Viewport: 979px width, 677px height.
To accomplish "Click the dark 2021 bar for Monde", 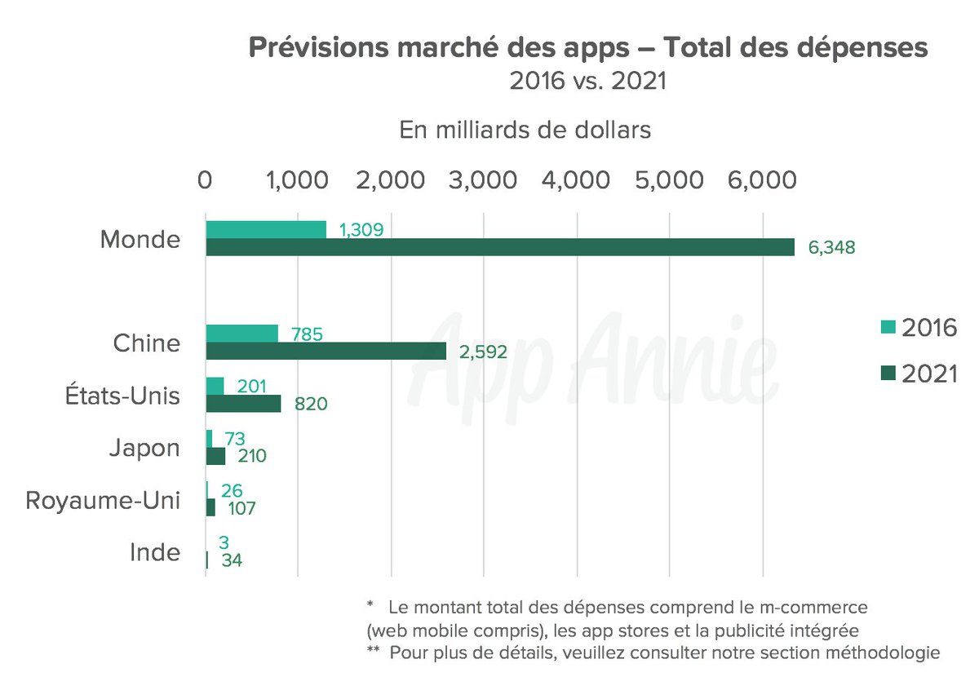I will [x=499, y=247].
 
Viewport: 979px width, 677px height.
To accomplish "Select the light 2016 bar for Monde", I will [x=266, y=229].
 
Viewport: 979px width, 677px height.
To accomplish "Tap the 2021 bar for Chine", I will [x=326, y=351].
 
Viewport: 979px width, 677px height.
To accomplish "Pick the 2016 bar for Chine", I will [x=241, y=333].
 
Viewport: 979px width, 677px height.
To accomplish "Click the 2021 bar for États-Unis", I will [x=243, y=403].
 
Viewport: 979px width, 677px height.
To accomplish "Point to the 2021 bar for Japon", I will [x=215, y=456].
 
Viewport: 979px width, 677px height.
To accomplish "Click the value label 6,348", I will [x=831, y=247].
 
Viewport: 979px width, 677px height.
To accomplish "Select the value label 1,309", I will [x=361, y=229].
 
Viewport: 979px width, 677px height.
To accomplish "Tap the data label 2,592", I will [x=484, y=352].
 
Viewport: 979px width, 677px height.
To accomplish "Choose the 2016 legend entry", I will [x=918, y=328].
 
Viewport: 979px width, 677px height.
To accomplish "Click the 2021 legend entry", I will [x=918, y=374].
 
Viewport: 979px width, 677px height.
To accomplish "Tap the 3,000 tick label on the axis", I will [x=484, y=180].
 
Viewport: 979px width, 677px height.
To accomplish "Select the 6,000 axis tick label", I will [x=762, y=180].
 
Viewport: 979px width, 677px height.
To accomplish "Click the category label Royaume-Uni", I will [x=102, y=500].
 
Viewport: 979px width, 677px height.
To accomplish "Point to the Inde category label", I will [x=155, y=552].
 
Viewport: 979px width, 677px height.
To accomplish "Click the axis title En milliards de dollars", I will [x=525, y=130].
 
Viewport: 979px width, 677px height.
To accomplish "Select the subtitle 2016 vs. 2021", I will [x=587, y=81].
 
